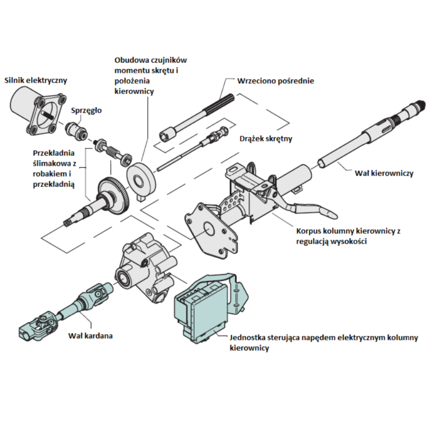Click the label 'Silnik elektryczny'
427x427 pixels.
pos(36,81)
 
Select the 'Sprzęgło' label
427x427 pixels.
pos(86,111)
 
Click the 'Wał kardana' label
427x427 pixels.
pos(90,336)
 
